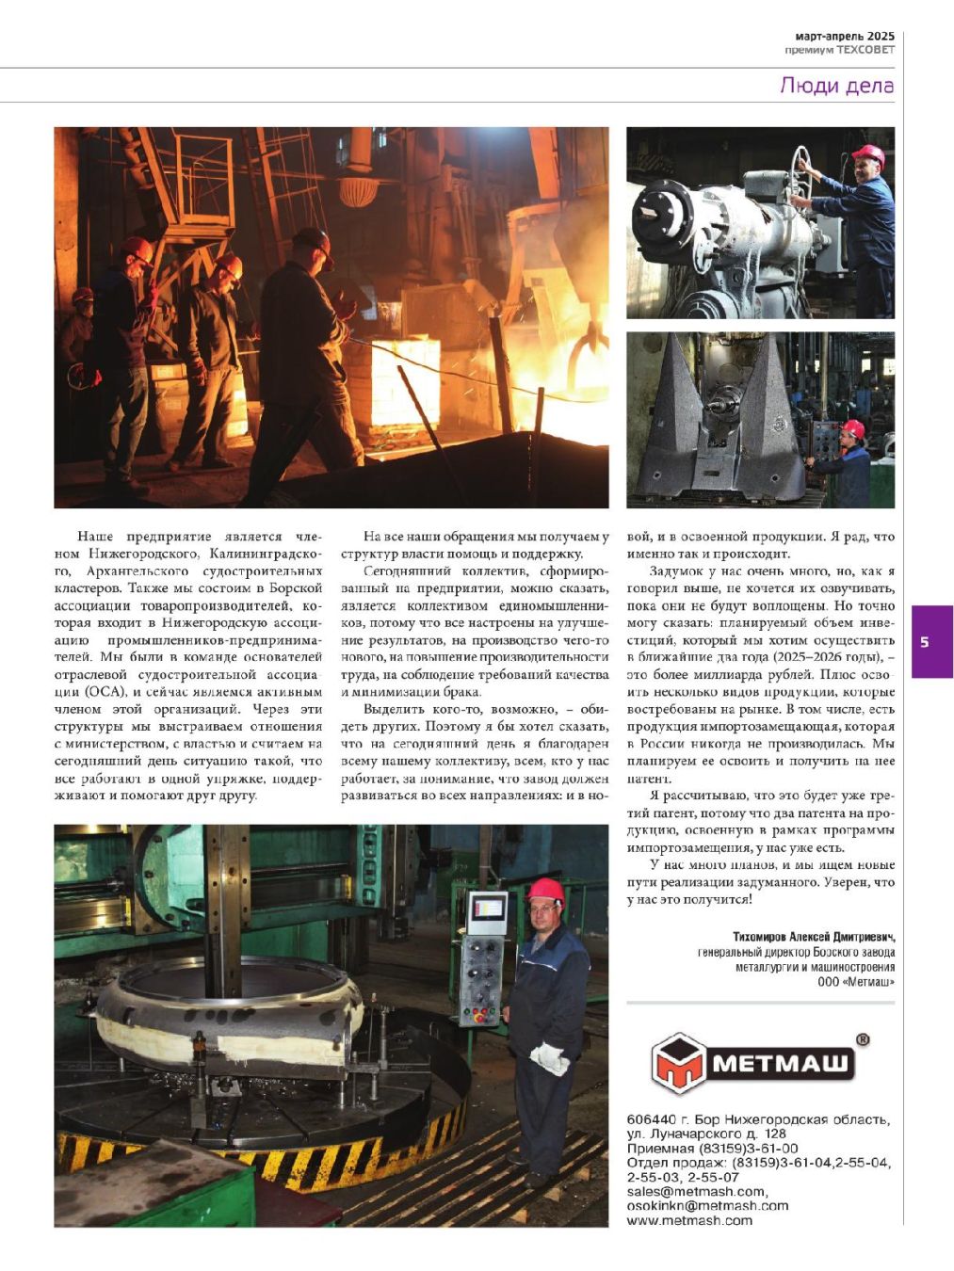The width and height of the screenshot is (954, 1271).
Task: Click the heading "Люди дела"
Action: (x=836, y=86)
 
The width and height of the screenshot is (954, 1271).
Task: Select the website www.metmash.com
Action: (x=689, y=1220)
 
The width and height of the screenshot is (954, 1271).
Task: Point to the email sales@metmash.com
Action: (x=696, y=1191)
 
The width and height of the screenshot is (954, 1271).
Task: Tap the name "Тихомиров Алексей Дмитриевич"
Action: (x=814, y=937)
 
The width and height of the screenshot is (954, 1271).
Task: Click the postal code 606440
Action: (x=651, y=1119)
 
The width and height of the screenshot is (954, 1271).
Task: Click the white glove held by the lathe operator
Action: (x=550, y=1059)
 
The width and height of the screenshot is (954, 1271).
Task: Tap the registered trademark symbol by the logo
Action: (x=863, y=1040)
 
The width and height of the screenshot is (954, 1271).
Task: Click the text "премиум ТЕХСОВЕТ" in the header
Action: (x=839, y=50)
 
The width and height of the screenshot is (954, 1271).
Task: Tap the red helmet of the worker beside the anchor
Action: (x=852, y=428)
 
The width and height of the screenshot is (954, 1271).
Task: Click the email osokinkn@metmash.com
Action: (x=707, y=1205)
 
